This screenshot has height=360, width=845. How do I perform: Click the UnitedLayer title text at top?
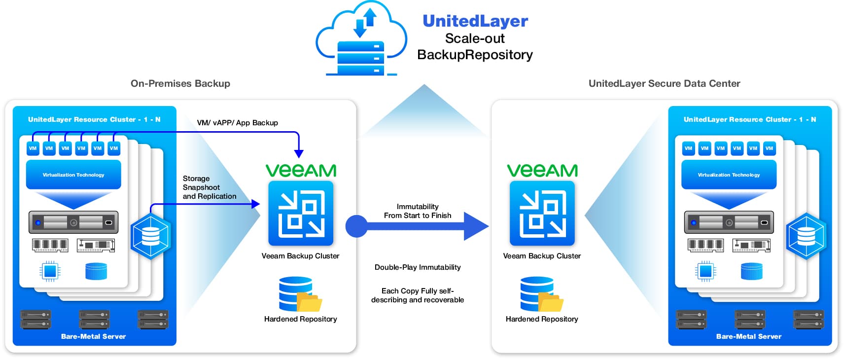[475, 21]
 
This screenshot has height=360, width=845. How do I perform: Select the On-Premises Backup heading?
[180, 83]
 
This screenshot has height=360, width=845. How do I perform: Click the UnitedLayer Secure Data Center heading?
[664, 83]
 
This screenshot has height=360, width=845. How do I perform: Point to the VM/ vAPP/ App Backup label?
[237, 123]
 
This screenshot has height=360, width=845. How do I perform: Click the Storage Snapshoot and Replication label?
[209, 187]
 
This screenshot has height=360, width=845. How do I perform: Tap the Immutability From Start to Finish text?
[418, 211]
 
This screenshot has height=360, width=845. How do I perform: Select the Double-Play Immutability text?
[418, 267]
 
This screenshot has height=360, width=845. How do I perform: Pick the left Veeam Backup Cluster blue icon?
[301, 214]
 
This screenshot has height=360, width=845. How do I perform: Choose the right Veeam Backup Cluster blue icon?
[542, 214]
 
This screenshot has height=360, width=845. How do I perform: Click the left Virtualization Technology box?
[73, 175]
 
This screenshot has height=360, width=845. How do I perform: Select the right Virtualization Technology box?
[729, 175]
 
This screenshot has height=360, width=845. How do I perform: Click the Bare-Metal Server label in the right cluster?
[748, 336]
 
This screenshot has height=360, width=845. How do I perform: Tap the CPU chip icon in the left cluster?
[50, 271]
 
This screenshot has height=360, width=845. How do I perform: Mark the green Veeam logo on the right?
[542, 171]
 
